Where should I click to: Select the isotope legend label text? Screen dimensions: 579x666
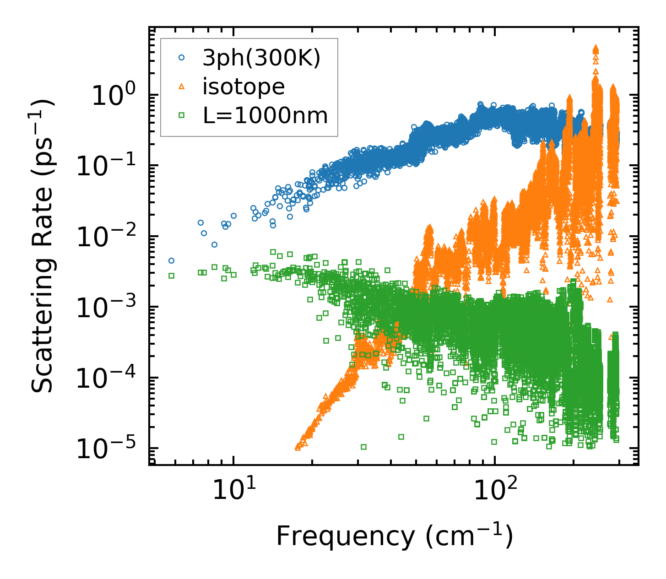[x=244, y=87]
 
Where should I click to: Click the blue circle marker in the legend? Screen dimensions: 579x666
[x=181, y=58]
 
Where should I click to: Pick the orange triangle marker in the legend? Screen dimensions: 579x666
[x=181, y=87]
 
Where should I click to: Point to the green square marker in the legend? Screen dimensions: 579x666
[x=181, y=115]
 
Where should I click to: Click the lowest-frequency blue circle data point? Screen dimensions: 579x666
[x=171, y=260]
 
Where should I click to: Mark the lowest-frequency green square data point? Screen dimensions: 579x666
[x=171, y=276]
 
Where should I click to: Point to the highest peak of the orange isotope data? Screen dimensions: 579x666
[x=596, y=48]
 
